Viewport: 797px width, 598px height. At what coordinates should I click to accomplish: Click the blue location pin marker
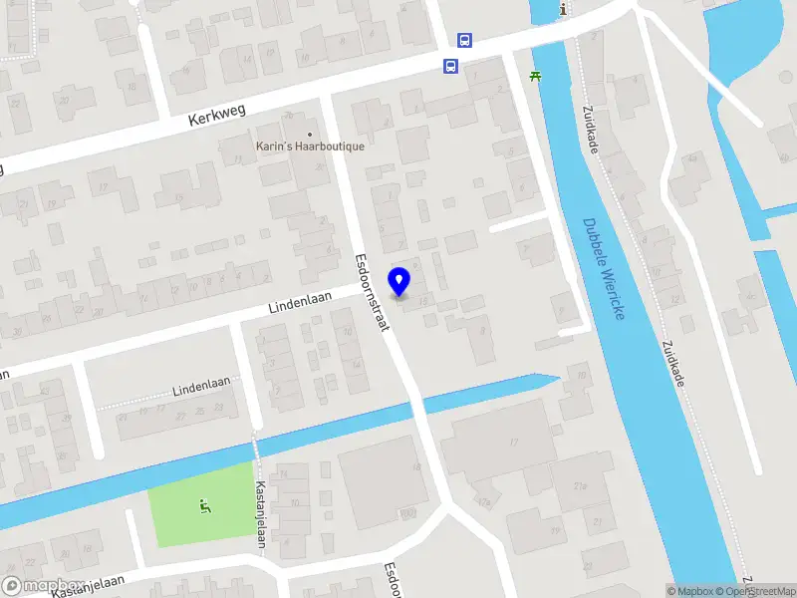399,281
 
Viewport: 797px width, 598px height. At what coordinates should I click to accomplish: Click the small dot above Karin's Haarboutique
310,135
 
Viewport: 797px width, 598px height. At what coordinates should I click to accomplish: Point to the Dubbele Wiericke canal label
604,269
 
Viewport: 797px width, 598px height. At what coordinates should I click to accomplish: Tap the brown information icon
564,9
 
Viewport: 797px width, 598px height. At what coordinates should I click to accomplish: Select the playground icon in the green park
205,506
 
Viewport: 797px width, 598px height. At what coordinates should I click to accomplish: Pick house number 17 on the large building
515,442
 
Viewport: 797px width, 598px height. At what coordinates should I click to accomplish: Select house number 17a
485,502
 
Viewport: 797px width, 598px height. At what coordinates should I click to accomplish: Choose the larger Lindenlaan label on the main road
300,302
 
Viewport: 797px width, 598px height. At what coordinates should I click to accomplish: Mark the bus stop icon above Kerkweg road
464,41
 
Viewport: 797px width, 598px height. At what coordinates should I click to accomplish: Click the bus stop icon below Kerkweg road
451,67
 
